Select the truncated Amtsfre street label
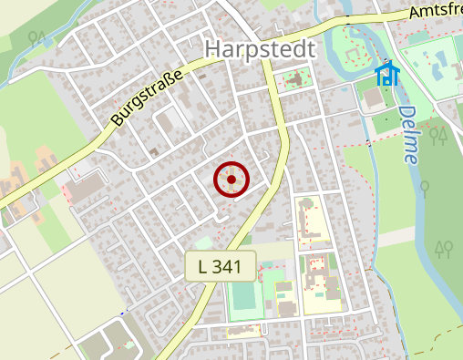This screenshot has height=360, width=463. (435, 10)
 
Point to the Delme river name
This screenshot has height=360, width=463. (408, 134)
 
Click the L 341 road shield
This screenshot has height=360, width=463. (219, 266)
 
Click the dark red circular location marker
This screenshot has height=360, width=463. (231, 180)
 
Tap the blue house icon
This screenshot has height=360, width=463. (387, 74)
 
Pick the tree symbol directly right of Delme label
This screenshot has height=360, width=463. (438, 137)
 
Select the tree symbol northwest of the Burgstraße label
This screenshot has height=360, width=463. (36, 38)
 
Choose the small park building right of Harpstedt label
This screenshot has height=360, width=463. (295, 80)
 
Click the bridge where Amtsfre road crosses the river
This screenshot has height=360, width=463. (346, 18)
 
